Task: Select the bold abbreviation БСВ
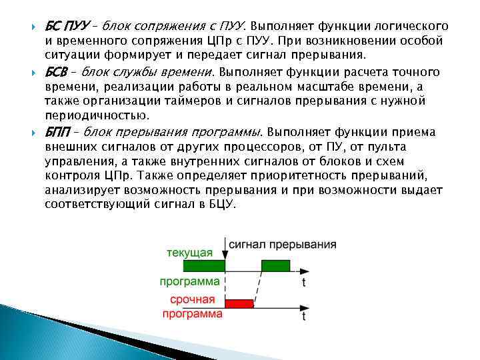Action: pos(59,71)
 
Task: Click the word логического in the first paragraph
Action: pos(407,27)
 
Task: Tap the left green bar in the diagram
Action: pos(192,266)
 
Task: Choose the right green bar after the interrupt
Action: pos(275,266)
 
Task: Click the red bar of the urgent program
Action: pos(239,304)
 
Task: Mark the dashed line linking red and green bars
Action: pos(257,287)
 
